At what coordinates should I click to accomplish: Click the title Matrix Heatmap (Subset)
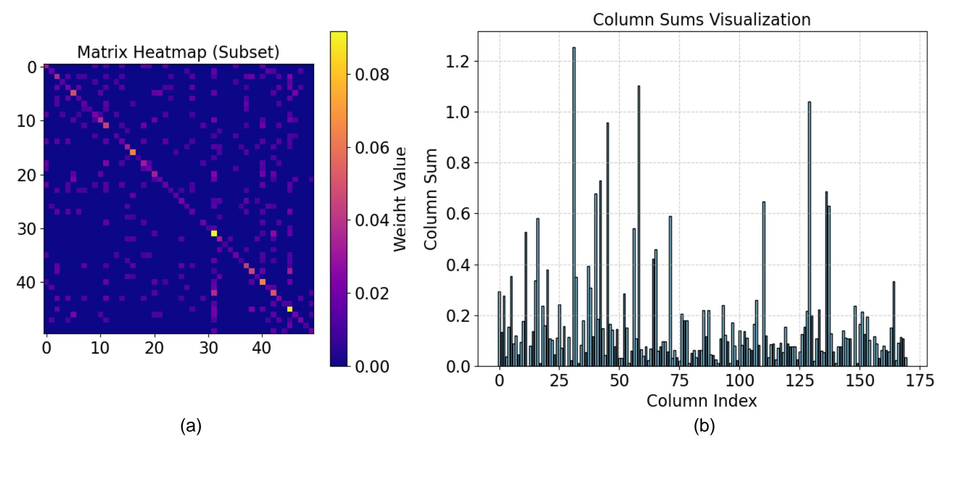(x=178, y=52)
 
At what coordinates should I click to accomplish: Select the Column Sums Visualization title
(x=702, y=20)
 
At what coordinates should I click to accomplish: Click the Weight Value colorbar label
(x=400, y=199)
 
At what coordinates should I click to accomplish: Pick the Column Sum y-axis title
(x=430, y=199)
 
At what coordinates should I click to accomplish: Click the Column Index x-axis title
(x=702, y=401)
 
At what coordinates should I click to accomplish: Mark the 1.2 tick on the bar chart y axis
(x=458, y=61)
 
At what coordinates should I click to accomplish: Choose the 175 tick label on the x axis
(x=920, y=380)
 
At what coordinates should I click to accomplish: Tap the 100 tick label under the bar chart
(x=740, y=380)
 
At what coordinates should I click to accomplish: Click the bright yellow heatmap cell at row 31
(x=214, y=233)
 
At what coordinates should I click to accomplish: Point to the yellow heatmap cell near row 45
(x=290, y=309)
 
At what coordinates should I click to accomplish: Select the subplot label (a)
(x=191, y=426)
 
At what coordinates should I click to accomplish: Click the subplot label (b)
(x=704, y=426)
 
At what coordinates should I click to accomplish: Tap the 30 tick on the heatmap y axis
(x=27, y=228)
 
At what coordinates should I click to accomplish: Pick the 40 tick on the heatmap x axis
(x=262, y=348)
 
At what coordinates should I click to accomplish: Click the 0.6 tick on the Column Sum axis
(x=458, y=214)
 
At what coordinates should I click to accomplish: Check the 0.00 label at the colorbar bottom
(x=372, y=366)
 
